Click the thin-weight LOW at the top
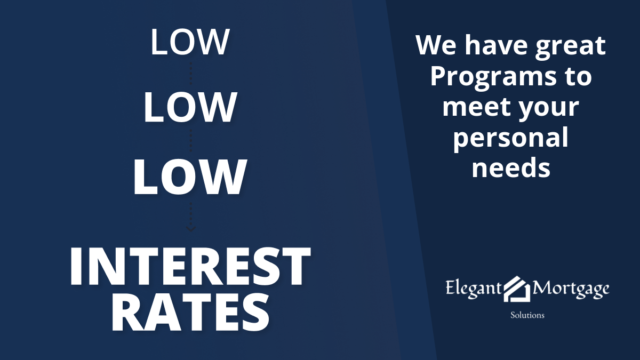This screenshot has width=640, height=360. [190, 42]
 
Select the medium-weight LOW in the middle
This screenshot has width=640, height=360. [190, 107]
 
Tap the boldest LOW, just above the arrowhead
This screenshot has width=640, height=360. [190, 177]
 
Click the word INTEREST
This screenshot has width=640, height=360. [190, 267]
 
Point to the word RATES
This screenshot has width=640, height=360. [190, 313]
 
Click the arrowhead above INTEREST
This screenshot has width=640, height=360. [191, 229]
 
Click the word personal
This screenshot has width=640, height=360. [511, 139]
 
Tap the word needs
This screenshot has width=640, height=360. [511, 167]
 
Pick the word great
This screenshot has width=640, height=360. [570, 47]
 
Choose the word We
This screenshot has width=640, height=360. [436, 45]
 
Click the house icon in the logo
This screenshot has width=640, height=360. [517, 289]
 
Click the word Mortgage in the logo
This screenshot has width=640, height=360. [570, 289]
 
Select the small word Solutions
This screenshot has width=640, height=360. [527, 315]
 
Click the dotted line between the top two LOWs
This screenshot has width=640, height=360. [191, 74]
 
